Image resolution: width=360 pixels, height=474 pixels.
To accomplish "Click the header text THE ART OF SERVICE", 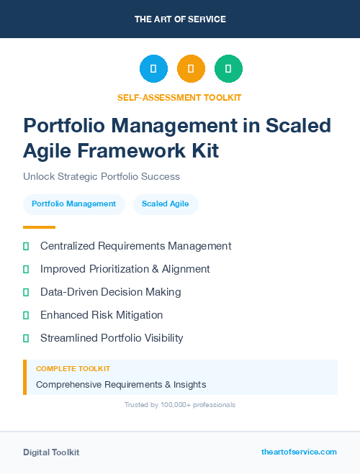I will click(x=180, y=19).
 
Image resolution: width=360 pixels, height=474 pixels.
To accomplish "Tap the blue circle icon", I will click(x=153, y=68).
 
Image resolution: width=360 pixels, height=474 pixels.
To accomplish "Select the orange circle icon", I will click(x=191, y=68).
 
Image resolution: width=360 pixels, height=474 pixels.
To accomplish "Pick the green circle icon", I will click(x=228, y=68).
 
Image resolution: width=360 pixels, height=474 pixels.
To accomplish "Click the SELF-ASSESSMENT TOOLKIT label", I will click(x=180, y=97).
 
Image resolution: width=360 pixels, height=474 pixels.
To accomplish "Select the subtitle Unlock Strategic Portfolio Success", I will click(x=102, y=176).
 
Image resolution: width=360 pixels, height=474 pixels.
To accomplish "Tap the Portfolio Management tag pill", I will click(x=73, y=204).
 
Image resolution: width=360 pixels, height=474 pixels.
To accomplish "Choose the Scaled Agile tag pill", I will click(x=166, y=204).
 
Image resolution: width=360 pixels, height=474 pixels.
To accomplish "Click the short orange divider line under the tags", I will click(x=39, y=227).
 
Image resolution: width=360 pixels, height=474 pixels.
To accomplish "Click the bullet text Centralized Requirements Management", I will click(x=135, y=246).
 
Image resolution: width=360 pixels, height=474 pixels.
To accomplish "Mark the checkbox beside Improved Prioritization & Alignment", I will click(x=26, y=269).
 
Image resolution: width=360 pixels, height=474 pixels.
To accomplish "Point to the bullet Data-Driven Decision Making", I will click(x=110, y=292).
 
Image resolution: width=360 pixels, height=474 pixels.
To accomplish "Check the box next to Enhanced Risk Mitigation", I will click(x=26, y=315).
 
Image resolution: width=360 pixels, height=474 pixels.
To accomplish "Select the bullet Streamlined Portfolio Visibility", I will click(x=112, y=338).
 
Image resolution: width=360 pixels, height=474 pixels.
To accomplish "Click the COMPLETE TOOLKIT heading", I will click(x=73, y=368).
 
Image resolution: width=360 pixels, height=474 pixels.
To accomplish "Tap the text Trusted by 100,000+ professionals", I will click(x=180, y=405).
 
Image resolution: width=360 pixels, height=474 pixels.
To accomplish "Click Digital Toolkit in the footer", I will click(x=51, y=452).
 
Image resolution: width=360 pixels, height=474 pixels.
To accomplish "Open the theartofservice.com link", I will click(x=299, y=452).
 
